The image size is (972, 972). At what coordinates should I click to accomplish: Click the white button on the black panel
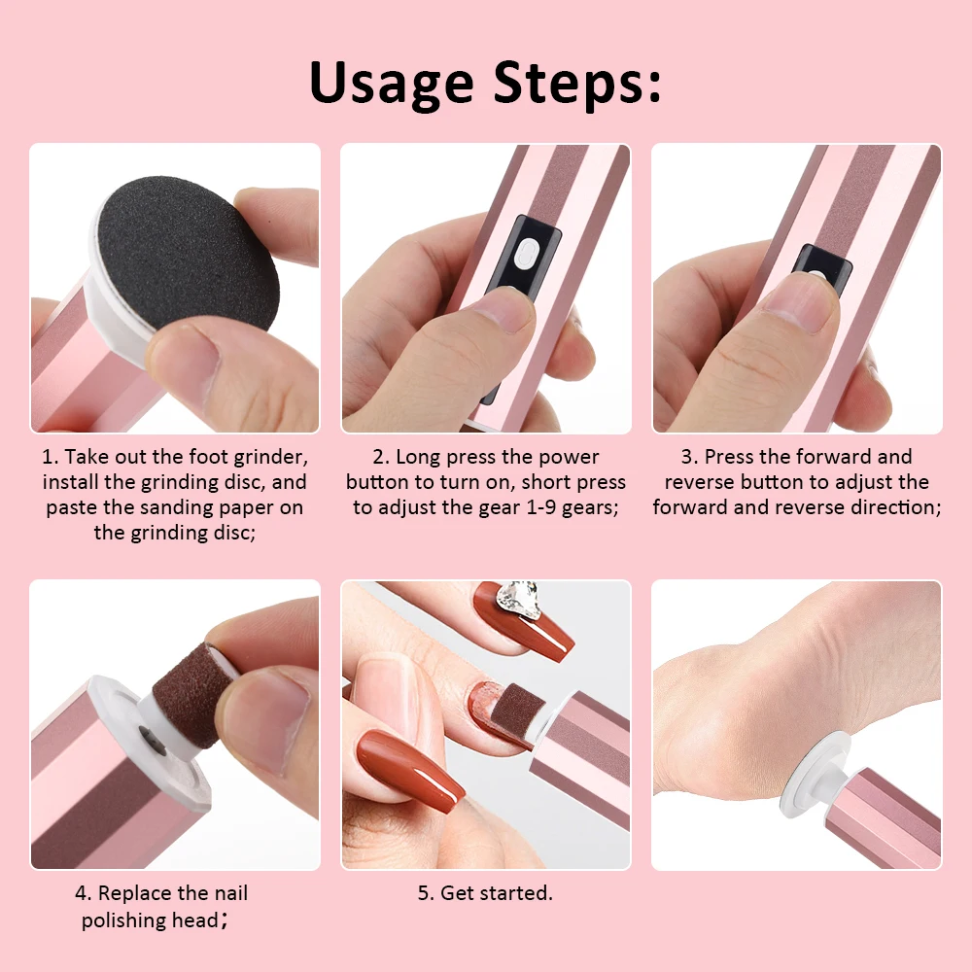[x=525, y=254]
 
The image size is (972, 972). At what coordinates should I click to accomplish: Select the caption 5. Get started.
[x=485, y=893]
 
